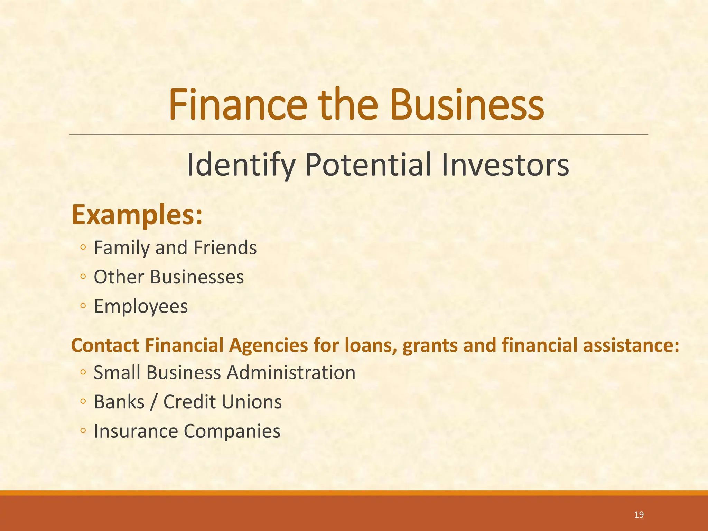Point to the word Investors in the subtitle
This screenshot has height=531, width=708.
click(505, 165)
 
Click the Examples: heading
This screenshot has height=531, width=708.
click(137, 215)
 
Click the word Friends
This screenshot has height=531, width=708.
click(225, 248)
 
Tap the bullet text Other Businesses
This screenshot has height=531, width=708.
click(169, 277)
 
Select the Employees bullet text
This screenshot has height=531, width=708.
click(141, 306)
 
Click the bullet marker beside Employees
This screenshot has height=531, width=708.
click(83, 306)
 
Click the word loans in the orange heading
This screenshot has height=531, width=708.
click(370, 345)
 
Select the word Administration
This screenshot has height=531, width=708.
click(291, 373)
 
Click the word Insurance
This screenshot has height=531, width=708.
click(136, 431)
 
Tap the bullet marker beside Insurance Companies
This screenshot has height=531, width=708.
click(83, 431)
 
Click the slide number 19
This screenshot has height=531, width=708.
click(639, 515)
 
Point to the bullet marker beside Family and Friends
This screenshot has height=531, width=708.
click(83, 248)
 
